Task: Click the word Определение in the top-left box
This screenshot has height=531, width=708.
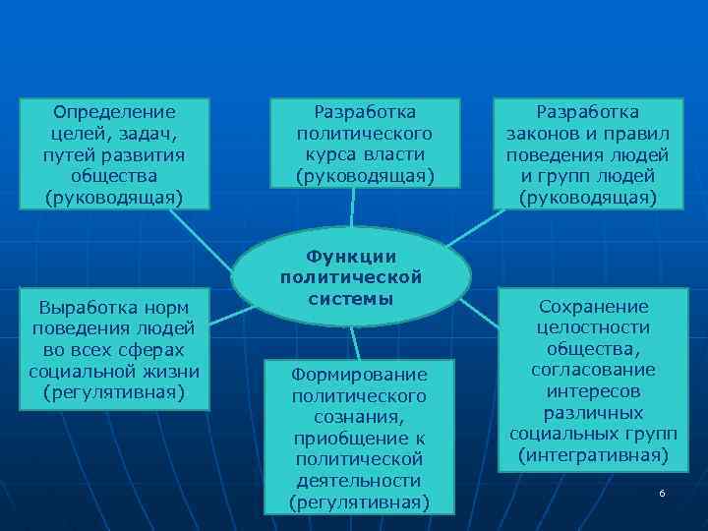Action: [114, 111]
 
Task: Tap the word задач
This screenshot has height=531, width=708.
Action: [150, 133]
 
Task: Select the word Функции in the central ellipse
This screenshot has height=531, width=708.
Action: [351, 256]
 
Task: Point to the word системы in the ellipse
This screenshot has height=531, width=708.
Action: [351, 299]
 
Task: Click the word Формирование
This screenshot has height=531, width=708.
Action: [359, 374]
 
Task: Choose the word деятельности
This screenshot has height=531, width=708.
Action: [359, 481]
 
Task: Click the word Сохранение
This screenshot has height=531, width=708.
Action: [593, 306]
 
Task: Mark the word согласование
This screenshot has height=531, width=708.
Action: [593, 370]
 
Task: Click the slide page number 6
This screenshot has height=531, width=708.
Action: [662, 493]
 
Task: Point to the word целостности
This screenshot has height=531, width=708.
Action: [593, 327]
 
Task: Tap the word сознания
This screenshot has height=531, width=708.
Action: [359, 417]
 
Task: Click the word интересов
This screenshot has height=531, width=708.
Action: [593, 391]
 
